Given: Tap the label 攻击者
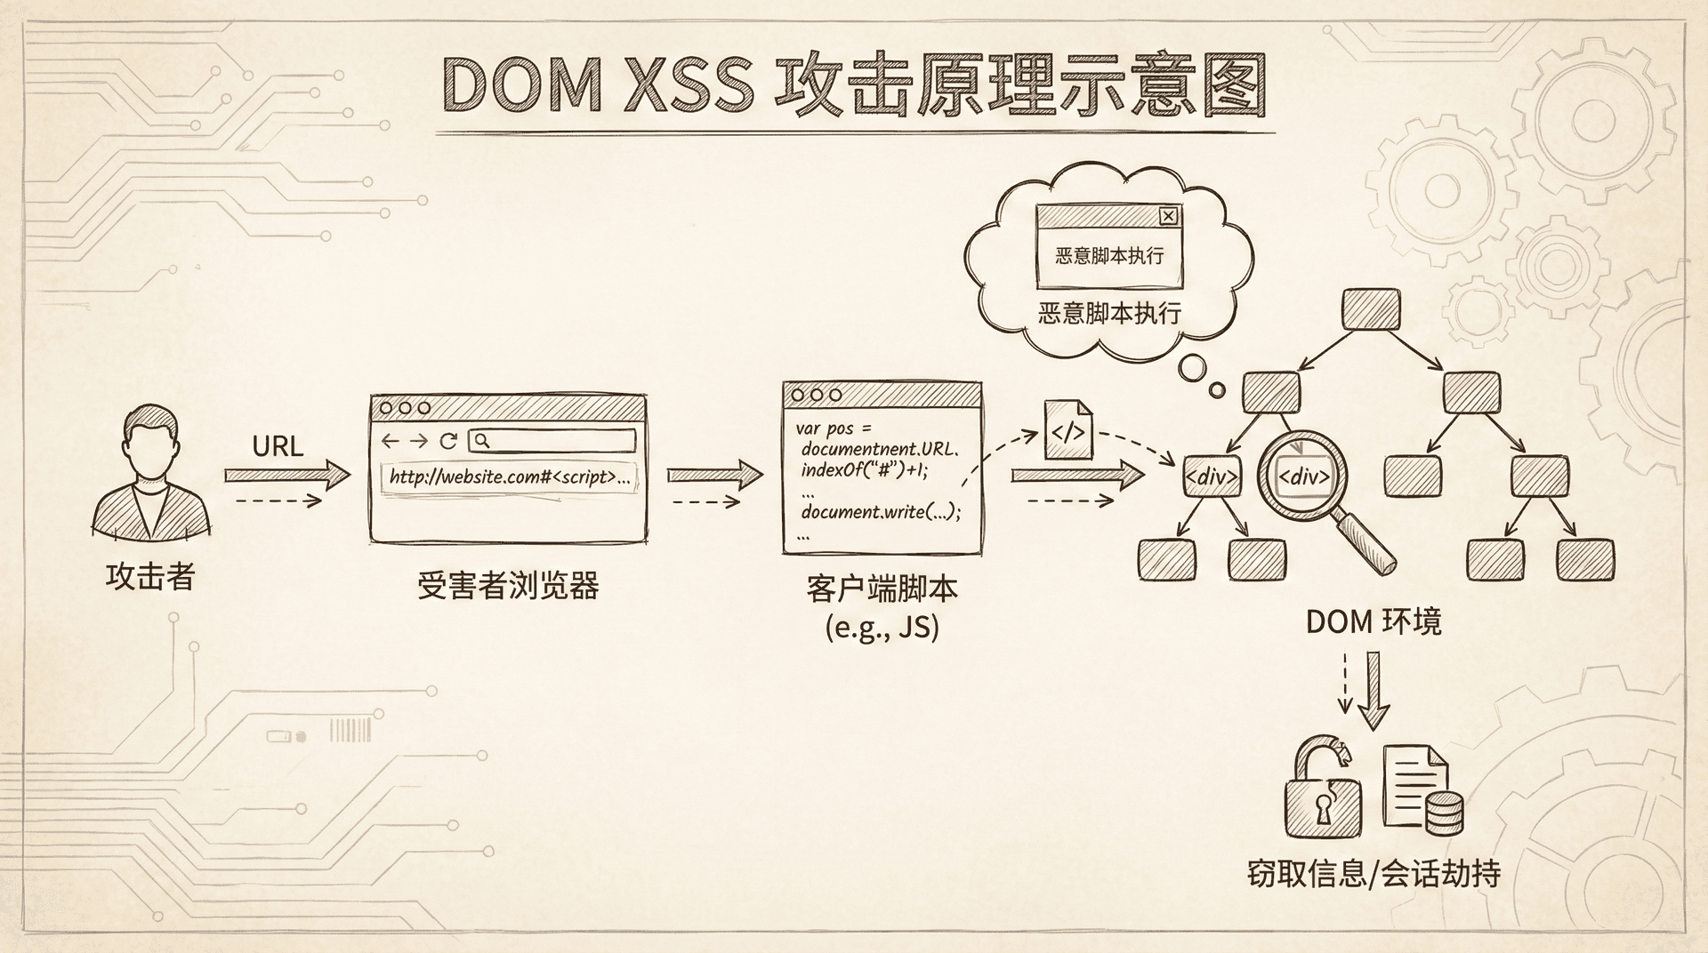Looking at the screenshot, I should (149, 577).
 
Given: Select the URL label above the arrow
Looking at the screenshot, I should (278, 445).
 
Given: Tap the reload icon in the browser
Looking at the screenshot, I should (448, 441).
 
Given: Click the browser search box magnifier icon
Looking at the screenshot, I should (480, 440).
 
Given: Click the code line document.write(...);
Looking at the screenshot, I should (881, 513).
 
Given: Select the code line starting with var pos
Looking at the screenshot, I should (834, 428).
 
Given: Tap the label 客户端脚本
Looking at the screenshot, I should (882, 589).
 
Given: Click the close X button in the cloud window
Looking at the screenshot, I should (1169, 216).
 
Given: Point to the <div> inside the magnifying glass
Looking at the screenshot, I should (1303, 477).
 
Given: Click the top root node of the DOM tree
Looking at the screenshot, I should (1371, 309).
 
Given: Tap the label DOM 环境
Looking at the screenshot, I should (1374, 621).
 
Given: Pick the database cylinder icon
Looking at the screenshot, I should (1443, 811).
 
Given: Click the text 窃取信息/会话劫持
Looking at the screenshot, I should (1374, 873).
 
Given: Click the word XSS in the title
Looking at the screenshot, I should (689, 86).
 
